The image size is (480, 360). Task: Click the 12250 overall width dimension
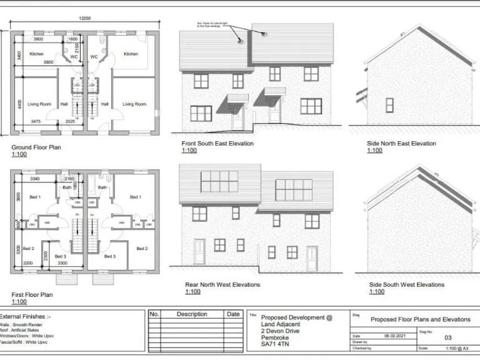click(85, 18)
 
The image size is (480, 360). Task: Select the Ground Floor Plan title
click(36, 147)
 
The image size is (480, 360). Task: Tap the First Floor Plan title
click(32, 294)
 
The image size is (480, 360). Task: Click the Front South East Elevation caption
click(217, 143)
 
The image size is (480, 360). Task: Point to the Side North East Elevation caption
click(401, 143)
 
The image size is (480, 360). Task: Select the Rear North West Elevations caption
click(218, 285)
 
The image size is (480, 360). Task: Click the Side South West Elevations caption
click(407, 285)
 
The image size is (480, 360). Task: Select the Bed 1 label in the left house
click(35, 197)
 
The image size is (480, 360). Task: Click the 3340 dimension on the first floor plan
click(36, 179)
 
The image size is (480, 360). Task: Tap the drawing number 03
click(447, 337)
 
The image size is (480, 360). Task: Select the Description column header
click(192, 314)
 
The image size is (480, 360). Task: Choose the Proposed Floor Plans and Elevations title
click(420, 319)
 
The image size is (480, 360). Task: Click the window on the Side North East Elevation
click(389, 104)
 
